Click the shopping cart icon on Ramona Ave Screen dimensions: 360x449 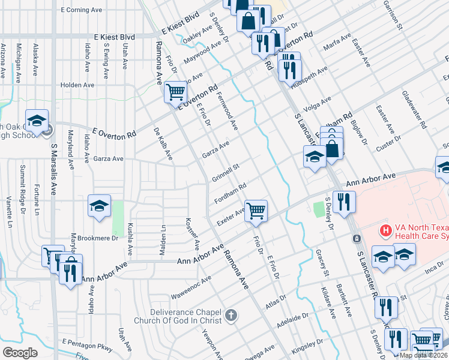click(x=175, y=92)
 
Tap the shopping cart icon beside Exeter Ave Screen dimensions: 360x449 click(x=256, y=211)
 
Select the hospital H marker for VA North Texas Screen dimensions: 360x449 click(x=385, y=230)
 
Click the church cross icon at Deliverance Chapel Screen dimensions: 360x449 click(x=231, y=316)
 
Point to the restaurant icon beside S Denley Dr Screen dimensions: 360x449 click(x=344, y=202)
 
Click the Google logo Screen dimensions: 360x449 click(x=20, y=352)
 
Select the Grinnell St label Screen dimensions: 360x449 click(x=226, y=172)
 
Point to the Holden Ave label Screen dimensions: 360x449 click(x=77, y=85)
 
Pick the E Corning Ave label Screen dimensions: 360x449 click(x=82, y=10)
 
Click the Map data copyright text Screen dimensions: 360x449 click(x=423, y=355)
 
